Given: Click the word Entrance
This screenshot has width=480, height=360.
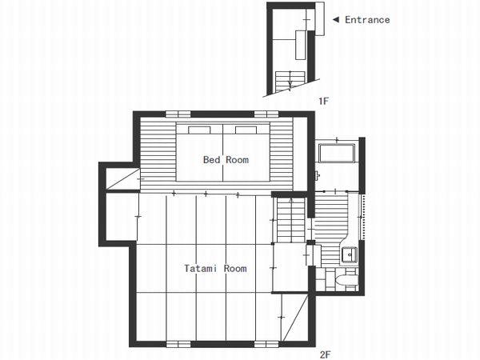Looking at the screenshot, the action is pos(367,20).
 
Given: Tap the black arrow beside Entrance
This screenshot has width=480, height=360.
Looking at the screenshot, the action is pos(336,20).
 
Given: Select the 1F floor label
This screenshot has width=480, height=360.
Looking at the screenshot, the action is pos(323,101).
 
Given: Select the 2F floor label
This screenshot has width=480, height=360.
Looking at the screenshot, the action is pos(325,354).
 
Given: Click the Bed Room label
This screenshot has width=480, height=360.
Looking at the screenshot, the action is pos(226,159).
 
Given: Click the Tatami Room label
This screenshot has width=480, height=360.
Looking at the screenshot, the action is pos(215,269).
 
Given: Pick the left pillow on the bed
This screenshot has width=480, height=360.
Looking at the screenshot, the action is pos(199,130).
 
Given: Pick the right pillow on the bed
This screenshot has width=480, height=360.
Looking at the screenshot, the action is pos(246,130).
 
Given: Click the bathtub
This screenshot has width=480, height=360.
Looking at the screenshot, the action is pos(337,153).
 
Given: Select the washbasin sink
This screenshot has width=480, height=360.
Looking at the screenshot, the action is pos(350,254).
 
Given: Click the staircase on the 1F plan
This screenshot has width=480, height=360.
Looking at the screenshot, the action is pos(290,81).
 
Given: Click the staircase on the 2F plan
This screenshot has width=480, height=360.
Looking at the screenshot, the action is pos(291,219).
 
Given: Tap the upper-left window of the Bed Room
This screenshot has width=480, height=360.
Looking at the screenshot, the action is pos(178,114).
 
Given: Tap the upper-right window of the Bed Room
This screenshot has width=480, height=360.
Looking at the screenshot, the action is pos(266,114).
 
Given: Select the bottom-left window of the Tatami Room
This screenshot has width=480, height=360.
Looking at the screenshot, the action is pos(178,344).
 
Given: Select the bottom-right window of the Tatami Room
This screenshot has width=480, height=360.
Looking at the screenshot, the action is pos(266,344).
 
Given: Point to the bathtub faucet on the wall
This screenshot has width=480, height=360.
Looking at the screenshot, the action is pos(318,176).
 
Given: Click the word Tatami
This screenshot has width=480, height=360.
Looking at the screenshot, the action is pos(201,269).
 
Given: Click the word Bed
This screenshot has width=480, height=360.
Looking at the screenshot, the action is pos(211,159).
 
